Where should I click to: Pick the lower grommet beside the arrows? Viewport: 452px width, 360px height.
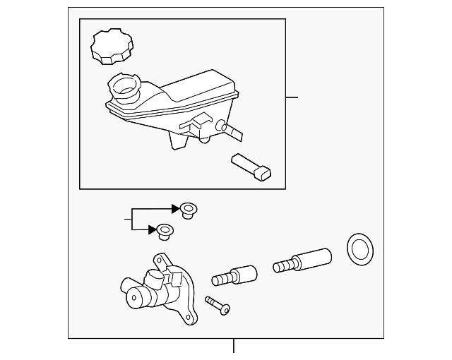pyautogui.click(x=165, y=230)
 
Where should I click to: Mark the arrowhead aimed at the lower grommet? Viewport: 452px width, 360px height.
pyautogui.click(x=152, y=229)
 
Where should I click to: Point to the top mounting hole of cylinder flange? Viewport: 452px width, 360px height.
pyautogui.click(x=161, y=261)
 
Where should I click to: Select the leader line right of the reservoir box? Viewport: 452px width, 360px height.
pyautogui.click(x=292, y=97)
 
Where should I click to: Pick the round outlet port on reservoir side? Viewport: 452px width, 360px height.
pyautogui.click(x=220, y=127)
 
